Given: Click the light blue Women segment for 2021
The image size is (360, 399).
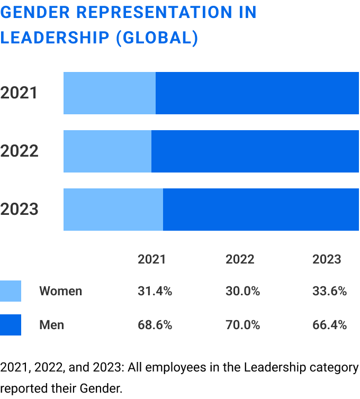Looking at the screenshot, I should pyautogui.click(x=110, y=93).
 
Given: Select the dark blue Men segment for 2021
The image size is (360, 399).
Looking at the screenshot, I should pyautogui.click(x=257, y=93).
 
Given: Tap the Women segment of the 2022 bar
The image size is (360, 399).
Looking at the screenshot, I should pyautogui.click(x=107, y=151).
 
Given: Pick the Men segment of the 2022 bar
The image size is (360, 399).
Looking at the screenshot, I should pyautogui.click(x=255, y=151).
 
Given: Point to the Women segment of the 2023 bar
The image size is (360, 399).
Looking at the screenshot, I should pyautogui.click(x=113, y=210).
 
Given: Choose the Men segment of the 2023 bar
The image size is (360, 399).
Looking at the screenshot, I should pyautogui.click(x=261, y=210).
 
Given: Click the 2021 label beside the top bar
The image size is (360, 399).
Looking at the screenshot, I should pyautogui.click(x=20, y=93).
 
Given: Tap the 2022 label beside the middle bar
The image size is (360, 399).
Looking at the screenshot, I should pyautogui.click(x=20, y=151).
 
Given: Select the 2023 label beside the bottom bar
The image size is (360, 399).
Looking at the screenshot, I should pyautogui.click(x=20, y=210).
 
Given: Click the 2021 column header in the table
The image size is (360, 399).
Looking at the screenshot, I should pyautogui.click(x=152, y=259).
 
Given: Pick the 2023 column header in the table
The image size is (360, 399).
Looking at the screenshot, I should pyautogui.click(x=327, y=259).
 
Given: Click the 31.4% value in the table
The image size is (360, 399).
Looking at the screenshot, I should pyautogui.click(x=155, y=291).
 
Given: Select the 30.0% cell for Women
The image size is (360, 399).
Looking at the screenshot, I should pyautogui.click(x=242, y=291).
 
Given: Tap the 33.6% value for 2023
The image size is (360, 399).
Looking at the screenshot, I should pyautogui.click(x=329, y=291).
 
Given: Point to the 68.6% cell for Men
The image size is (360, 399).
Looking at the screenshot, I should pyautogui.click(x=155, y=325).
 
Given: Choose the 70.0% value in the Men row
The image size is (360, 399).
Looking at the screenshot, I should pyautogui.click(x=242, y=325).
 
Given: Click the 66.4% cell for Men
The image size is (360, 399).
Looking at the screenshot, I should pyautogui.click(x=329, y=325).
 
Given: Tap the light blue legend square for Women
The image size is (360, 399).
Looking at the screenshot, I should pyautogui.click(x=11, y=291).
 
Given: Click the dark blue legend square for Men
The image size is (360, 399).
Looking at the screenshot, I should pyautogui.click(x=11, y=325).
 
